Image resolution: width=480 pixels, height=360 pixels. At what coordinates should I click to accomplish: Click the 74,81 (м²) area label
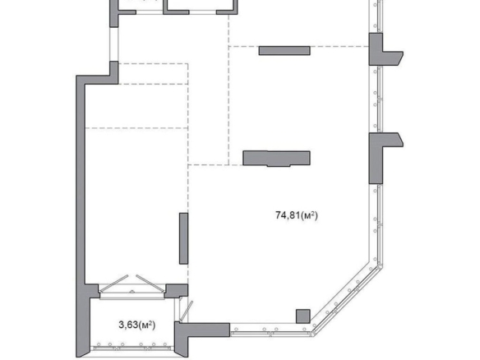point(297,215)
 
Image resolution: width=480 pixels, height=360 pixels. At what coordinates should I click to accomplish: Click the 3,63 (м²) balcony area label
point(136,325)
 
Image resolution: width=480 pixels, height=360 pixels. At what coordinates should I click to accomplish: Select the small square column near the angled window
point(302,316)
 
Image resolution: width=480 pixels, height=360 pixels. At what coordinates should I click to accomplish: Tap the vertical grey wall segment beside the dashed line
point(183,238)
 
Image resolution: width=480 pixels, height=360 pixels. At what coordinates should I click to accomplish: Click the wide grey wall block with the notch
point(276,159)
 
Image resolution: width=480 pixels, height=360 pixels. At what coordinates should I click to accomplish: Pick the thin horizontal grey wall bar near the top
point(284,50)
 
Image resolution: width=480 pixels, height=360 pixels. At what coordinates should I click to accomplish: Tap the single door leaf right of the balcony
point(186,311)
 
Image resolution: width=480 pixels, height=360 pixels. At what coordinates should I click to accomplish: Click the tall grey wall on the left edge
point(81,215)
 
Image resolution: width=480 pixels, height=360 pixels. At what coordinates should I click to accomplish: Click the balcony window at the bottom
point(132,348)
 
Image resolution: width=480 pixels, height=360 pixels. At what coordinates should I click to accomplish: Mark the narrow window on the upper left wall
point(114,44)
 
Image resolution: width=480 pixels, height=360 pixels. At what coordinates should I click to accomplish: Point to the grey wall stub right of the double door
point(177,291)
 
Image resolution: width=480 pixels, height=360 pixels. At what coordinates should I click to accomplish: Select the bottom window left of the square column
point(270,330)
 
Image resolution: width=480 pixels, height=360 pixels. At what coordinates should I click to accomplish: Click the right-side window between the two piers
point(377,99)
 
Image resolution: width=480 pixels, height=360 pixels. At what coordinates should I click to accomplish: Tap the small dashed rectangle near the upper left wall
point(153,74)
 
